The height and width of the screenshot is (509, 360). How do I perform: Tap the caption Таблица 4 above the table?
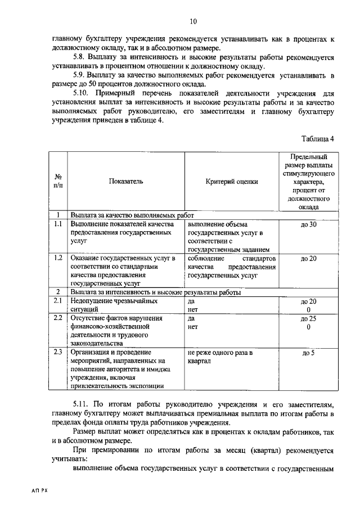point(317,138)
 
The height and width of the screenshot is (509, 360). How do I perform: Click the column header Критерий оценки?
point(232,181)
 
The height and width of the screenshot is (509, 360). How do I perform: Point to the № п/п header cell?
point(57,181)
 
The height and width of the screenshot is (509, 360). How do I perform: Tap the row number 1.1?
point(57,224)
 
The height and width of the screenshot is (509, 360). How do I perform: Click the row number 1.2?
point(57,258)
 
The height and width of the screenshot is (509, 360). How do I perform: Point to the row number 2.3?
point(57,353)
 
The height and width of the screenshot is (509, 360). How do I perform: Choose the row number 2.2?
point(57,318)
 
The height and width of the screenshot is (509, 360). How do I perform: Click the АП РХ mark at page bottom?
point(40,490)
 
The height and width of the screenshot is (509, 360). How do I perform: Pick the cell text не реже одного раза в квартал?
point(220,357)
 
